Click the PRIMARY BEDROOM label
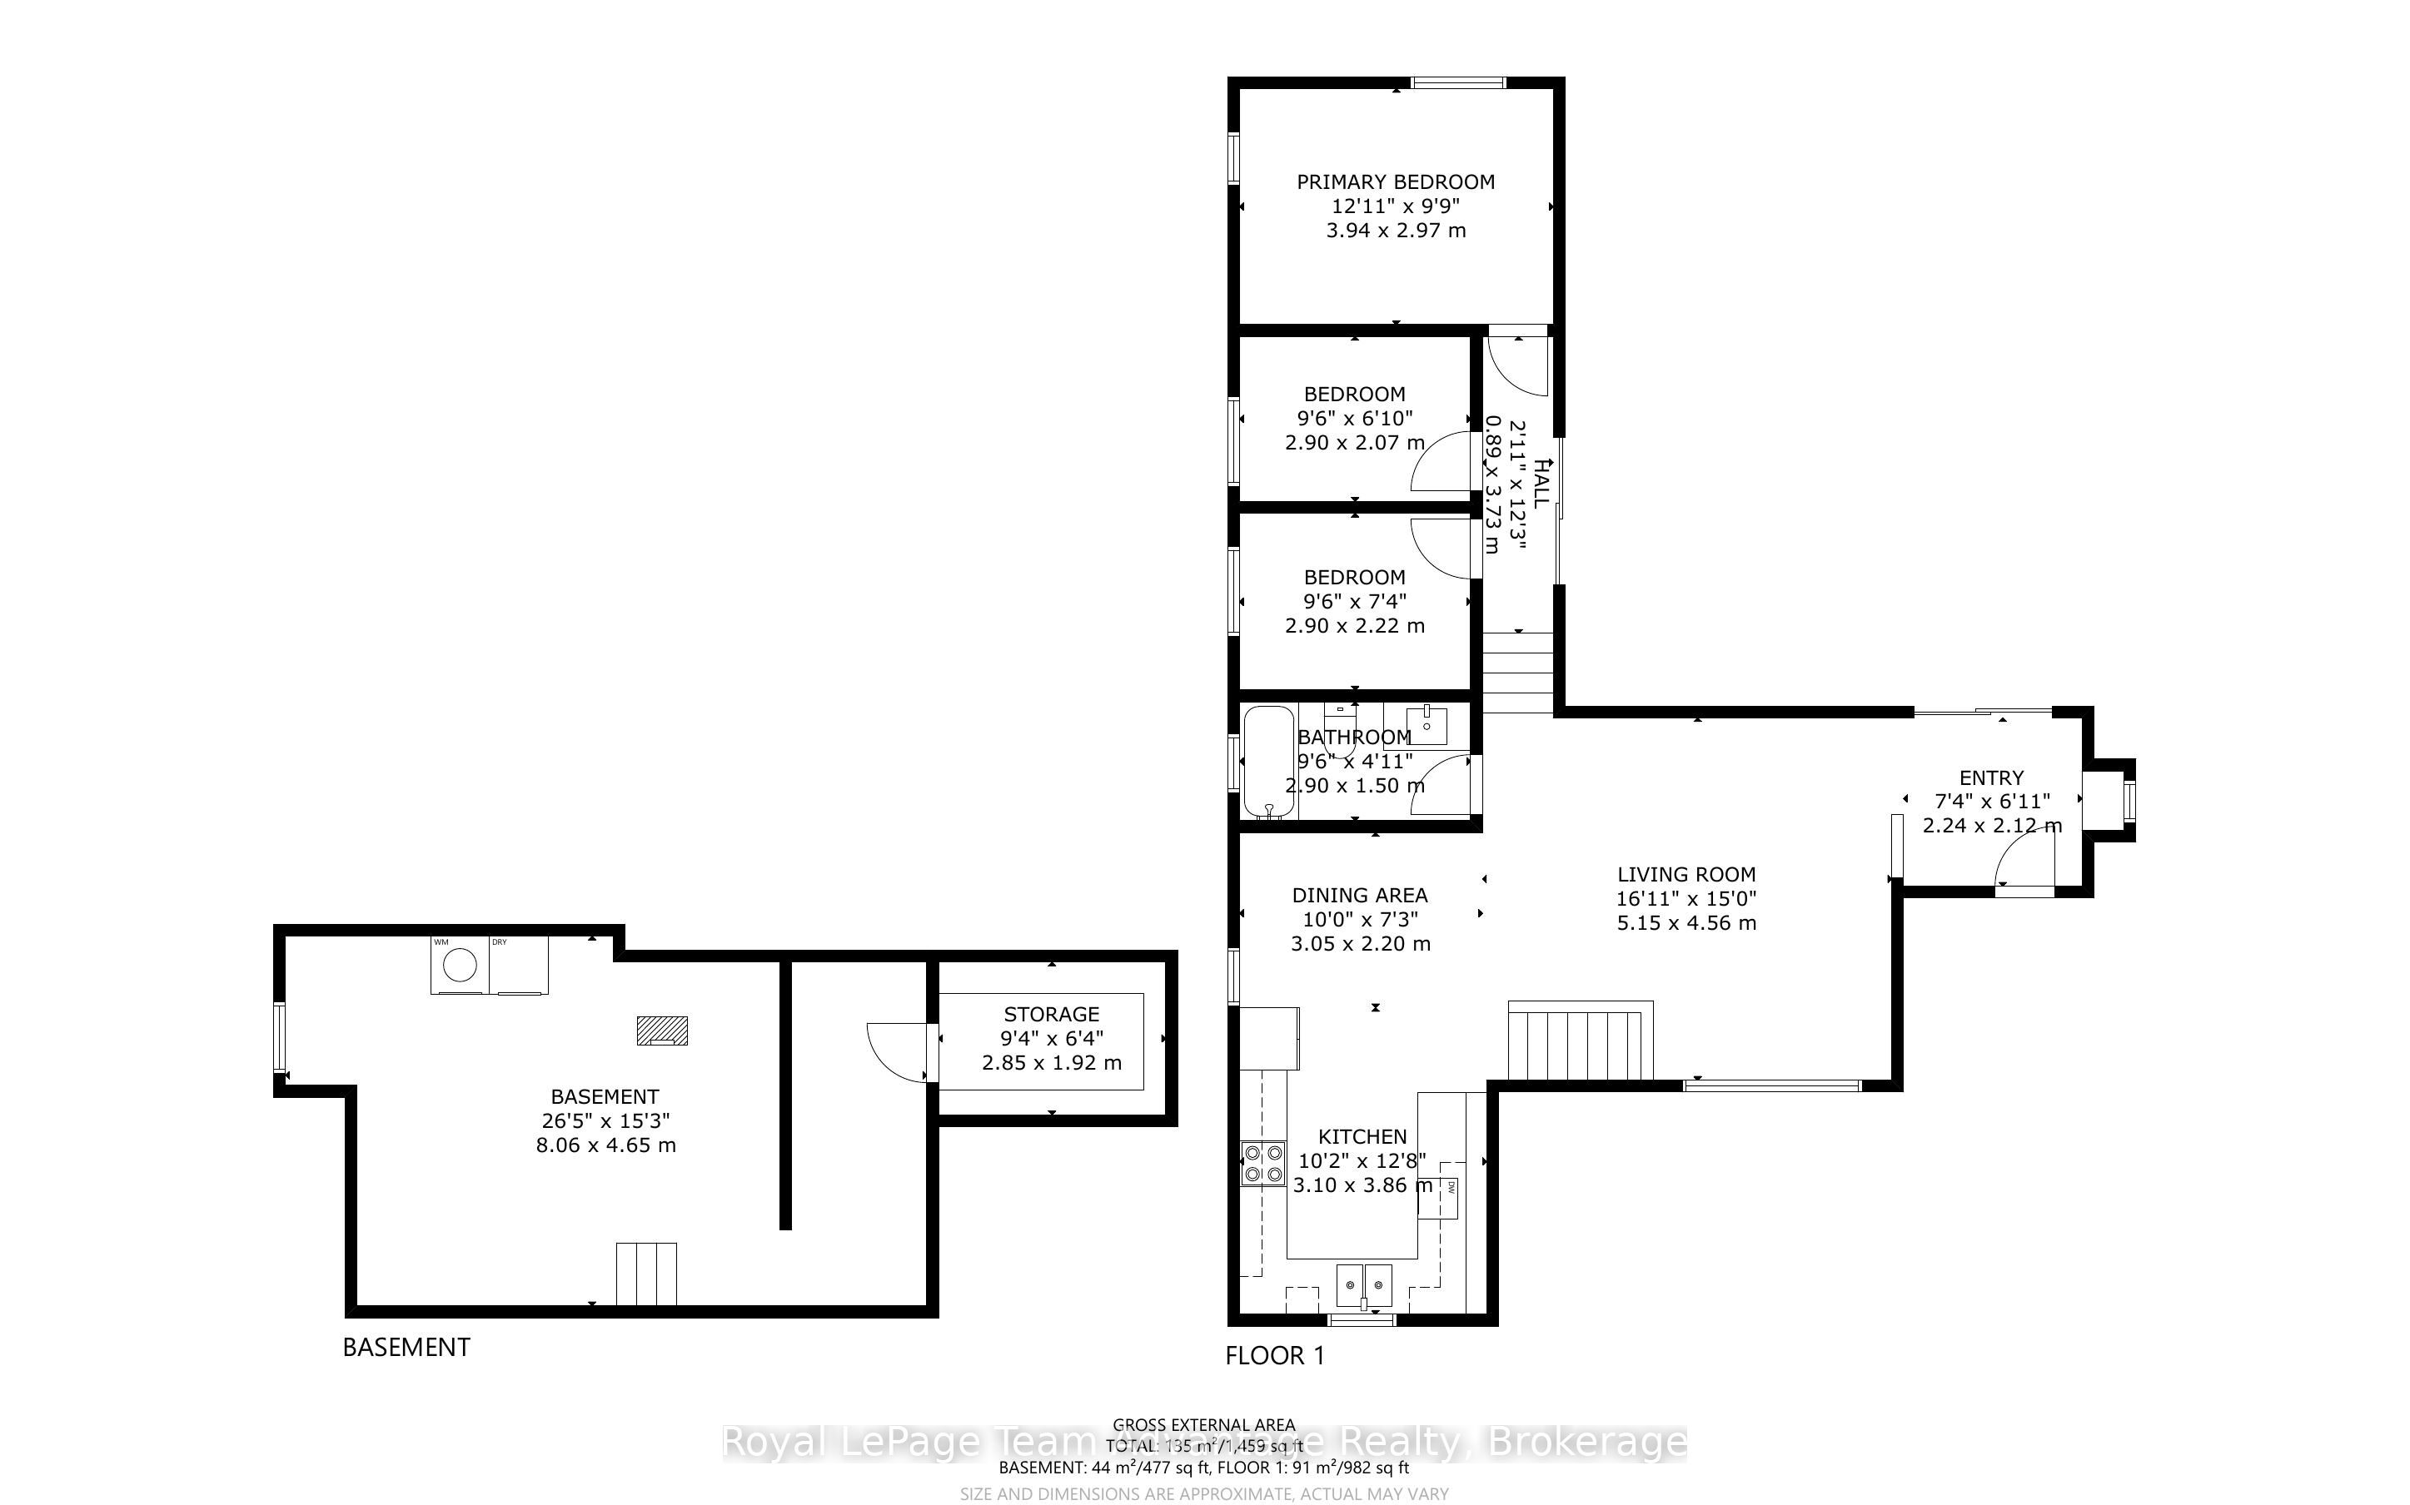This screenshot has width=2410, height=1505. (1395, 182)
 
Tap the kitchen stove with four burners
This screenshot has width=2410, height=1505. (1262, 1165)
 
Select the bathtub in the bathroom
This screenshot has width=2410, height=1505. (1268, 762)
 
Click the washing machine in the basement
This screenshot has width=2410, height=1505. (460, 965)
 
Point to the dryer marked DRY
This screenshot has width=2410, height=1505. (519, 965)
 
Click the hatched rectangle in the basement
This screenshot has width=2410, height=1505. (662, 1031)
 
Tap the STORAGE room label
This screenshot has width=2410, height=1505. (1051, 1014)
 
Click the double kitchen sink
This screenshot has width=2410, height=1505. (1364, 1285)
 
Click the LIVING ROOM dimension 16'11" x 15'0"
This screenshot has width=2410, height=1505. (1686, 898)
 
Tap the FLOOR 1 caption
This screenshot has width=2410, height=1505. (1275, 1356)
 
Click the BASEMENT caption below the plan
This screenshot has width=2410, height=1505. (406, 1347)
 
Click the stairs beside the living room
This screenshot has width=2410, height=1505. (1580, 1042)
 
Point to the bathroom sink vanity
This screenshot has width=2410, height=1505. (1427, 723)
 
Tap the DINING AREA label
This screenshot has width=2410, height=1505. (1360, 895)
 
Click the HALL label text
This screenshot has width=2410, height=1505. (1541, 484)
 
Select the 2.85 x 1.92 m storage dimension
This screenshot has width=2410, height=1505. (1051, 1063)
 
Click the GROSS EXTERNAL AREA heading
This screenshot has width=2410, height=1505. (1203, 1425)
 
